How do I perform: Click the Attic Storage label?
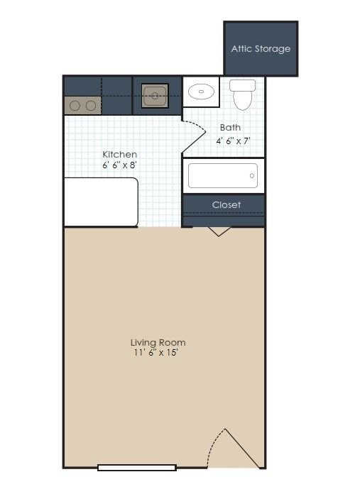[261, 49]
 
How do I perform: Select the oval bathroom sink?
[203, 92]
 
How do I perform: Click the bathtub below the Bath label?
[223, 176]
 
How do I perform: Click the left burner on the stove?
[75, 106]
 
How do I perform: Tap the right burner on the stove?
[91, 106]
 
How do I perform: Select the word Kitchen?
[119, 154]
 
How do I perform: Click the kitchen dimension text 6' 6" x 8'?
[119, 165]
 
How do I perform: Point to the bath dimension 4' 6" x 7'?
[234, 141]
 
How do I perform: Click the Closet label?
[227, 204]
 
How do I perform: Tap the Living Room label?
[158, 342]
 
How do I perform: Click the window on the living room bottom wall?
[137, 467]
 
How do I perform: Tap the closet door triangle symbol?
[219, 231]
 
